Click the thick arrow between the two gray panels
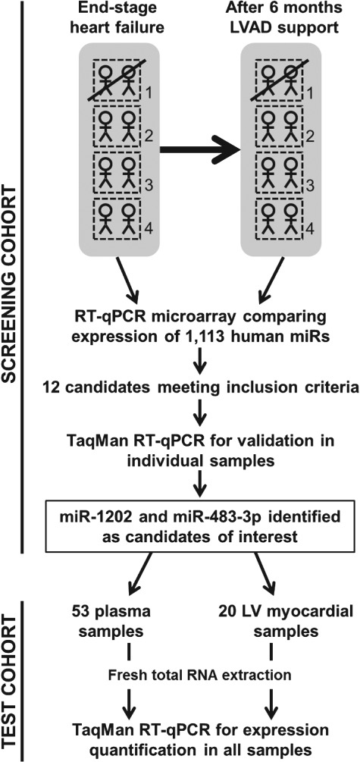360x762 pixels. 200,150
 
